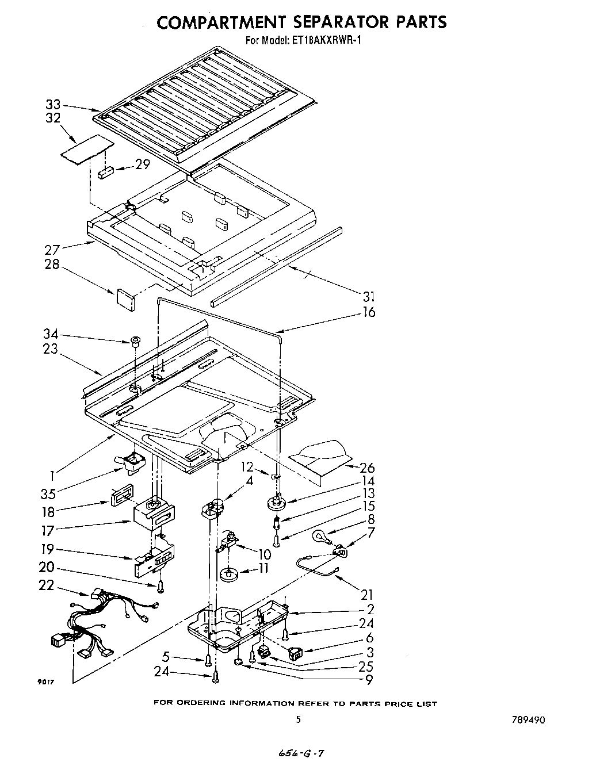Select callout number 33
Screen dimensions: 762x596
click(x=53, y=105)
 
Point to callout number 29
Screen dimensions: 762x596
click(x=142, y=164)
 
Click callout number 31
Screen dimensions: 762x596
click(x=369, y=297)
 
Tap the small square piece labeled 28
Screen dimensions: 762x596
click(x=125, y=298)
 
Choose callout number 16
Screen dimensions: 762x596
click(x=369, y=312)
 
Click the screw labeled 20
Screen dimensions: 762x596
click(x=160, y=585)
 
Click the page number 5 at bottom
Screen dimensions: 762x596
click(x=297, y=719)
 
